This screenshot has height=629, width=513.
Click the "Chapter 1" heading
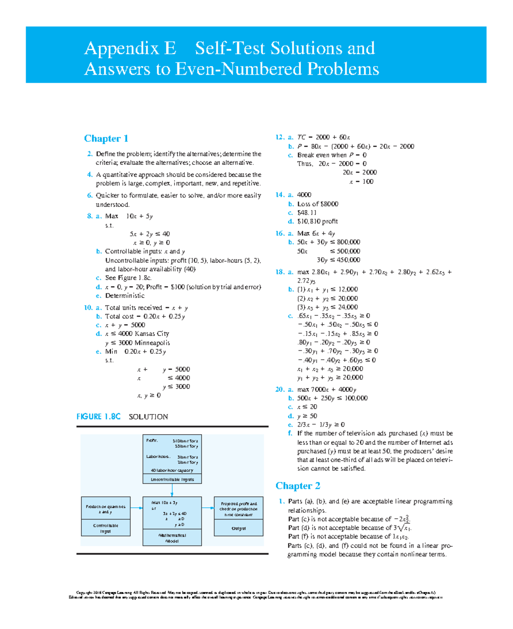(106, 138)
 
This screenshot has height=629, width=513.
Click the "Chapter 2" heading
(298, 486)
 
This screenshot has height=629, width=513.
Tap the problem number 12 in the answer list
(280, 137)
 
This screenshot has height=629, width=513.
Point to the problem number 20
(280, 389)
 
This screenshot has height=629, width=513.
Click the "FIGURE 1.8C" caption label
(98, 417)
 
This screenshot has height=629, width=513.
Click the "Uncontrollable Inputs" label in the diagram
(172, 480)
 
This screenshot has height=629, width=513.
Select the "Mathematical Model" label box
(172, 538)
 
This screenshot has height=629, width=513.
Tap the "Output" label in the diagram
(239, 528)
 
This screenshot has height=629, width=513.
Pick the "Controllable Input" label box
(106, 528)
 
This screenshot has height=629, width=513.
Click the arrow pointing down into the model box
(172, 492)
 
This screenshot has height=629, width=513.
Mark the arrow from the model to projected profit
(209, 508)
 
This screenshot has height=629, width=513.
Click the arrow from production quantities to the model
(137, 508)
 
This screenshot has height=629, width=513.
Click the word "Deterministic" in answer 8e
(125, 295)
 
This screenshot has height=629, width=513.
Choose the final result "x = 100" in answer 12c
(361, 182)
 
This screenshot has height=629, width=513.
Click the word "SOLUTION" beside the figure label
(148, 417)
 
